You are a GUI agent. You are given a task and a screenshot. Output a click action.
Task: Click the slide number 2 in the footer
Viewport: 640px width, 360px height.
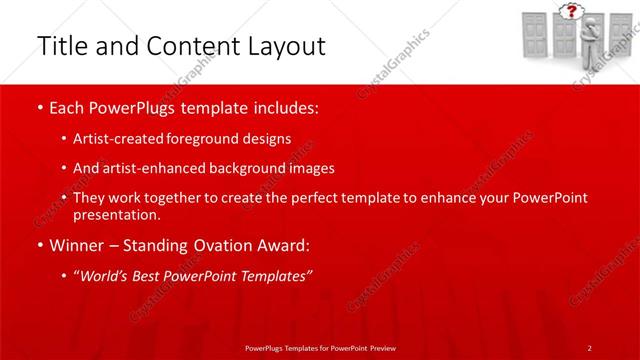590,347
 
